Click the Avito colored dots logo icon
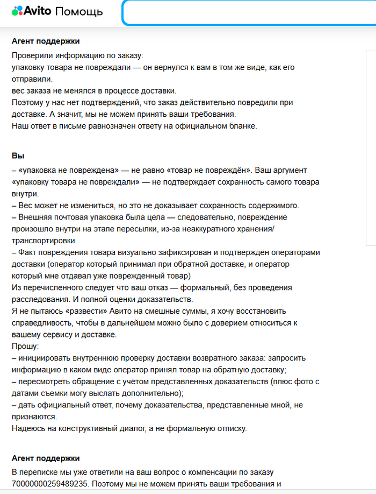coord(17,11)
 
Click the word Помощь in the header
coord(79,11)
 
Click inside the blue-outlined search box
coord(247,12)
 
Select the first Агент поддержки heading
coord(46,41)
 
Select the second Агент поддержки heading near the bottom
coord(46,458)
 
